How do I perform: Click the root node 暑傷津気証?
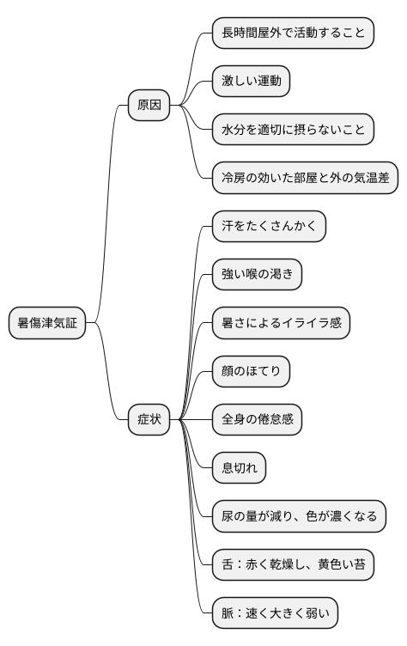48,323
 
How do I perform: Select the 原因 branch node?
149,107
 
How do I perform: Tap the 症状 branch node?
149,420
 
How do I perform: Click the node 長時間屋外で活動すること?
293,34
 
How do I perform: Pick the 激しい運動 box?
251,82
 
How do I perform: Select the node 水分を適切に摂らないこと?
293,131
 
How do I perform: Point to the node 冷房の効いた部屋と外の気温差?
305,179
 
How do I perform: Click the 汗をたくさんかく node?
269,227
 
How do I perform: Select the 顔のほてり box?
251,371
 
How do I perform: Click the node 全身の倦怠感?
257,420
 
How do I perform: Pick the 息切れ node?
239,468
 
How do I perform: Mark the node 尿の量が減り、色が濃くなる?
299,516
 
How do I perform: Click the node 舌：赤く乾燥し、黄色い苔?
293,564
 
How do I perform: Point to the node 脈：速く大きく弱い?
275,612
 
